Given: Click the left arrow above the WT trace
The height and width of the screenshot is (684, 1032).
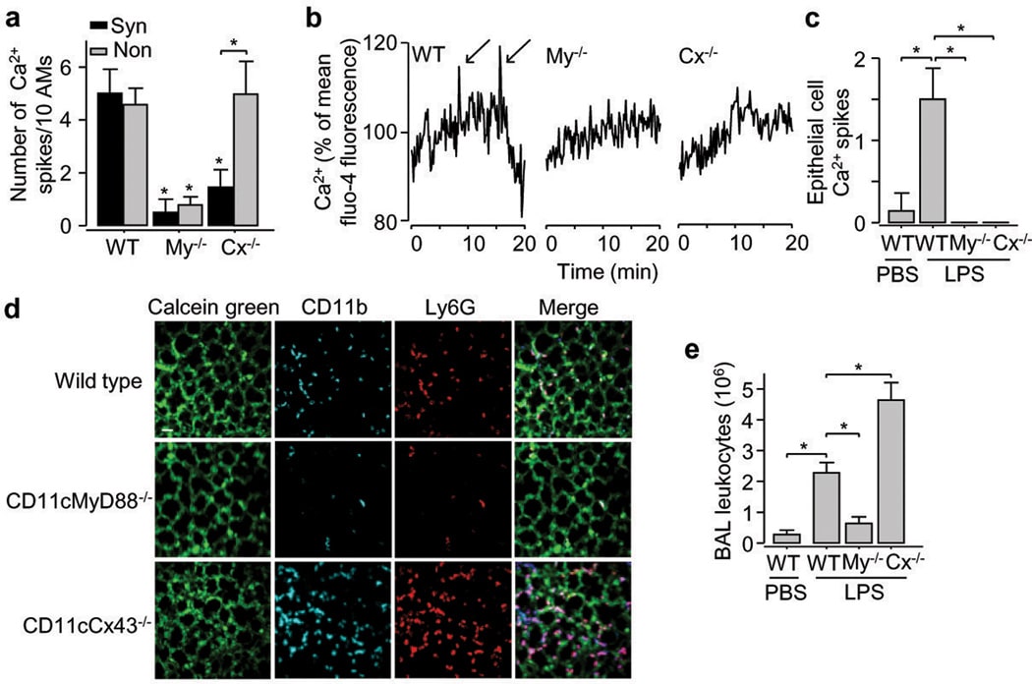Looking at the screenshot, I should pos(478,73).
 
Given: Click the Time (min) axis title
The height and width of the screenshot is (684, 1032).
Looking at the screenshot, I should pos(602,266).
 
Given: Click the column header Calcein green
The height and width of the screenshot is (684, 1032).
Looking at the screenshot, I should pos(205,307).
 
